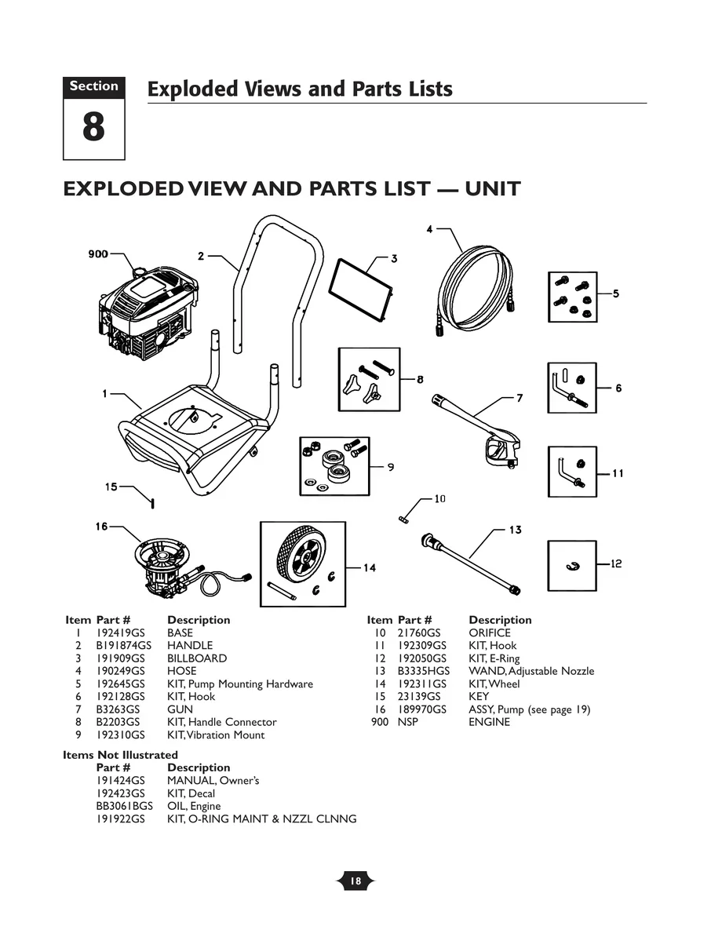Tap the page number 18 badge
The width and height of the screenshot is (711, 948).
[355, 881]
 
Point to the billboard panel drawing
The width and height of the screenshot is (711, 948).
[360, 289]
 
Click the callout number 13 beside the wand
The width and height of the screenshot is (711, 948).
[515, 530]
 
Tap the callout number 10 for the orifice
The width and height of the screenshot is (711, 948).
[439, 498]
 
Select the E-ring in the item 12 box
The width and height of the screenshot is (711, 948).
[572, 567]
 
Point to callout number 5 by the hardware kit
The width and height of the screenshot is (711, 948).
[616, 294]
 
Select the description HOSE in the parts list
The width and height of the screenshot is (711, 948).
[181, 671]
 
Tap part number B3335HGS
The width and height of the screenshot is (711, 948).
[423, 671]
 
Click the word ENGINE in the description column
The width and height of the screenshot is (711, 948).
[489, 722]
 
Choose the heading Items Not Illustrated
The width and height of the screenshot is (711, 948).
[120, 755]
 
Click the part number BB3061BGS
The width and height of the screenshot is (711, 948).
[124, 806]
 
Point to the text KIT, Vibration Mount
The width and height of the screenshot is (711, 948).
[216, 735]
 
